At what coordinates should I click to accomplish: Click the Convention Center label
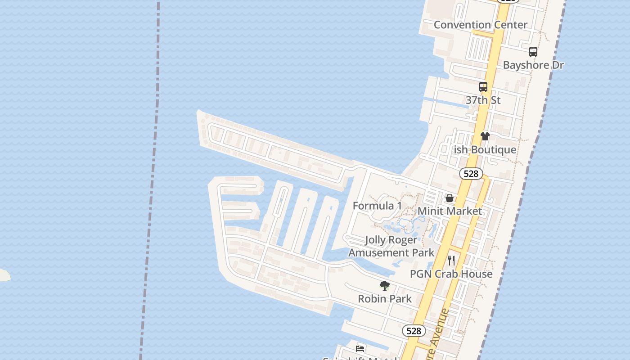pyautogui.click(x=480, y=25)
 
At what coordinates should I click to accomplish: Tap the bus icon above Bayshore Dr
pyautogui.click(x=533, y=52)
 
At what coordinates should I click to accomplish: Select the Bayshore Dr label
pyautogui.click(x=533, y=65)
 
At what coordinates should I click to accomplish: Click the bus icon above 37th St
pyautogui.click(x=483, y=87)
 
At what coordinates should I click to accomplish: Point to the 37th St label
pyautogui.click(x=483, y=100)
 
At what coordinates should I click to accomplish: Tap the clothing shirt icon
pyautogui.click(x=485, y=136)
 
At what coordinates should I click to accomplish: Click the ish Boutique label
pyautogui.click(x=485, y=150)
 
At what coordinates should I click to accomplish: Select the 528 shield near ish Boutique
pyautogui.click(x=471, y=174)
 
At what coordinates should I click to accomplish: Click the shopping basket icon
pyautogui.click(x=449, y=198)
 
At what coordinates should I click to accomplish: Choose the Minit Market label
pyautogui.click(x=450, y=211)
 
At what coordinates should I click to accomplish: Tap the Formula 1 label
pyautogui.click(x=377, y=206)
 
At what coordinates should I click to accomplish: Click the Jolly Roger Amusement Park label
pyautogui.click(x=391, y=246)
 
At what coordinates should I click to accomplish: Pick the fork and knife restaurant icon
pyautogui.click(x=451, y=261)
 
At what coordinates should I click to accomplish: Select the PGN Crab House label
pyautogui.click(x=451, y=274)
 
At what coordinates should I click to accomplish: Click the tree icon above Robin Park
pyautogui.click(x=385, y=285)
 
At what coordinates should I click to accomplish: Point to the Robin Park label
pyautogui.click(x=385, y=299)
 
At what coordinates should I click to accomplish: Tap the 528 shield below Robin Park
pyautogui.click(x=413, y=331)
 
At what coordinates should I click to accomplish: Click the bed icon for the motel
pyautogui.click(x=360, y=348)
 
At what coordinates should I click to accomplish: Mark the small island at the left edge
pyautogui.click(x=4, y=275)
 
